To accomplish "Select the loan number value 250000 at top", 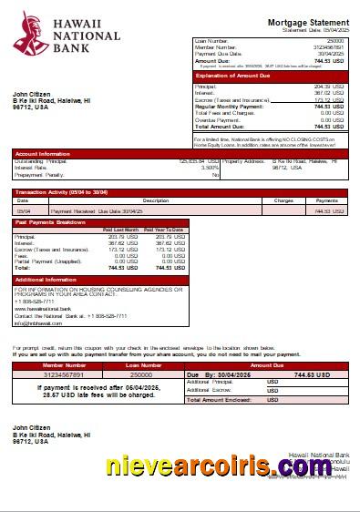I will [x=335, y=41].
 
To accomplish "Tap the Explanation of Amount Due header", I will [x=234, y=76].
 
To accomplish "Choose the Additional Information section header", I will [x=46, y=280].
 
